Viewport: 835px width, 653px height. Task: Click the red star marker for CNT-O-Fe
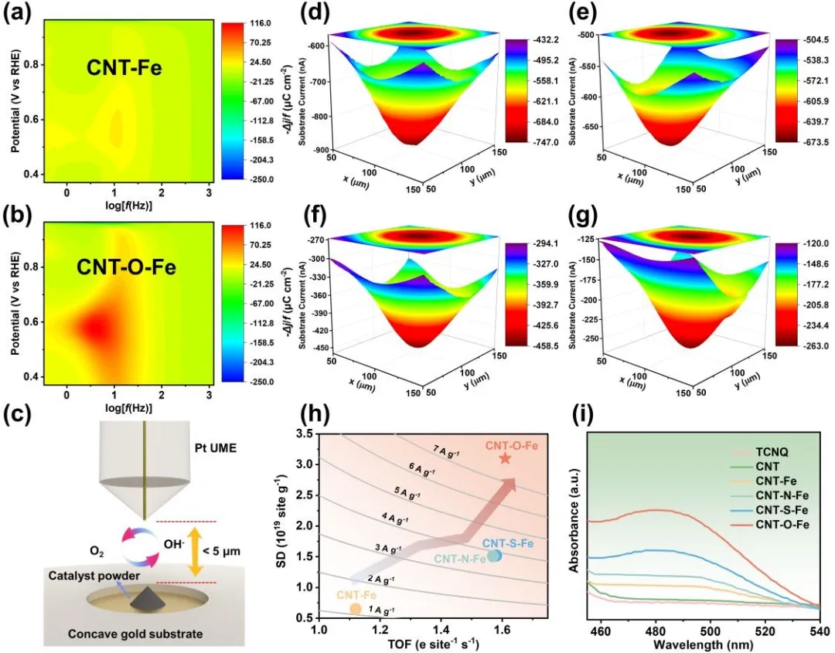coord(505,458)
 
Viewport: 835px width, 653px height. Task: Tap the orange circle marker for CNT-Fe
coord(355,608)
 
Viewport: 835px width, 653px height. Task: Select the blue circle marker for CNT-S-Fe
coord(494,555)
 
